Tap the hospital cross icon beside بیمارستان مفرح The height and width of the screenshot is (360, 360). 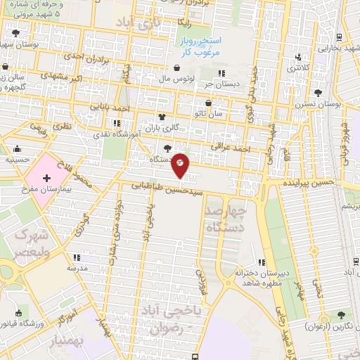pyautogui.click(x=47, y=179)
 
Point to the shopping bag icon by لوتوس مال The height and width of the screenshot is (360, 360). pyautogui.click(x=175, y=69)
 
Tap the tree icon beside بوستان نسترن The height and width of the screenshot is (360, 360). pyautogui.click(x=318, y=92)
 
